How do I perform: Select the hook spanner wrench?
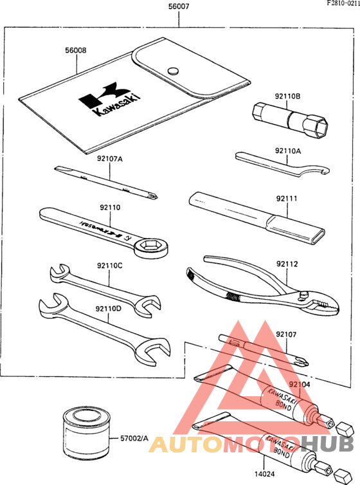pos(283,165)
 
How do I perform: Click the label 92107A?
pos(110,158)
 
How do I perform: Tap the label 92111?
pos(287,199)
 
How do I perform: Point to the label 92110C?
pos(109,265)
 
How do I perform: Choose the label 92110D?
pos(109,308)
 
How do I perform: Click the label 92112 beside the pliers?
pos(287,263)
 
